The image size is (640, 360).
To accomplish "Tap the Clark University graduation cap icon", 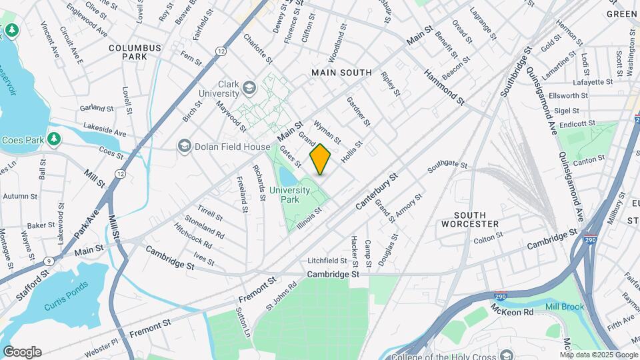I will click(249, 88).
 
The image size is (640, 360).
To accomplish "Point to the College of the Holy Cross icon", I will click(507, 354).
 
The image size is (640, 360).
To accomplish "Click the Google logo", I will click(22, 352).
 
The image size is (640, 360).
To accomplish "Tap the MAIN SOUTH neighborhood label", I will click(341, 72).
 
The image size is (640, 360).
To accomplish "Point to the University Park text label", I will click(290, 195).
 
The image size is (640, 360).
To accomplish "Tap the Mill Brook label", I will click(564, 307).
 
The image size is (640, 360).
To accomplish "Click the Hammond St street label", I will click(444, 87).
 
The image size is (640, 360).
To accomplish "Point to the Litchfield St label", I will click(327, 261).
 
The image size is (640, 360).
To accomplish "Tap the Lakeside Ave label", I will click(105, 129).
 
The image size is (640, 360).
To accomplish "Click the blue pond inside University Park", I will click(287, 177).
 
